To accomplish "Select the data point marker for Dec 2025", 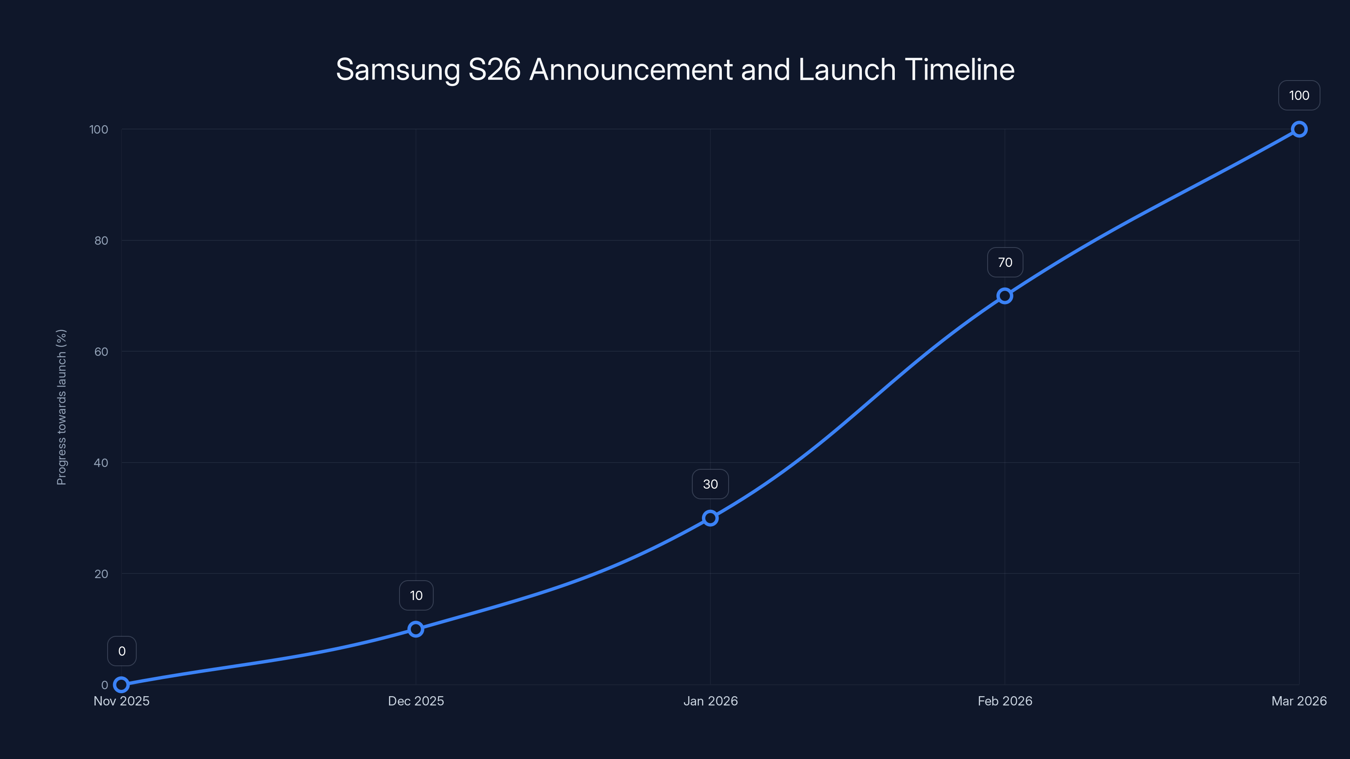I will (x=416, y=629).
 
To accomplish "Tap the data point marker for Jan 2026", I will (x=710, y=518).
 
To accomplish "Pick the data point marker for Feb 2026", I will (x=1004, y=296).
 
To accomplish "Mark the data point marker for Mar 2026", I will (x=1299, y=129).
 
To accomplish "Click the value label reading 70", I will (x=1004, y=262).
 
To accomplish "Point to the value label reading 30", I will (x=710, y=484).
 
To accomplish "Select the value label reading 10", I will (x=416, y=595).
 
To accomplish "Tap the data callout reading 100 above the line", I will (x=1299, y=95).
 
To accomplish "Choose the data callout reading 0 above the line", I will (x=121, y=651).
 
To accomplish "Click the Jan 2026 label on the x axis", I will (x=710, y=701).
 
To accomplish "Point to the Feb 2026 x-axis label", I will (x=1004, y=701).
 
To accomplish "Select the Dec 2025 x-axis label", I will (x=416, y=701).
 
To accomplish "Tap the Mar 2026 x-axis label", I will (x=1299, y=701).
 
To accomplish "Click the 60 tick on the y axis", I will (x=101, y=352).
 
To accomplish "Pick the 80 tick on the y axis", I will (x=101, y=240).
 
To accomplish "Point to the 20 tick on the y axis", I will (x=101, y=573).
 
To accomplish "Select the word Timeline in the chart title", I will (x=959, y=70).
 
